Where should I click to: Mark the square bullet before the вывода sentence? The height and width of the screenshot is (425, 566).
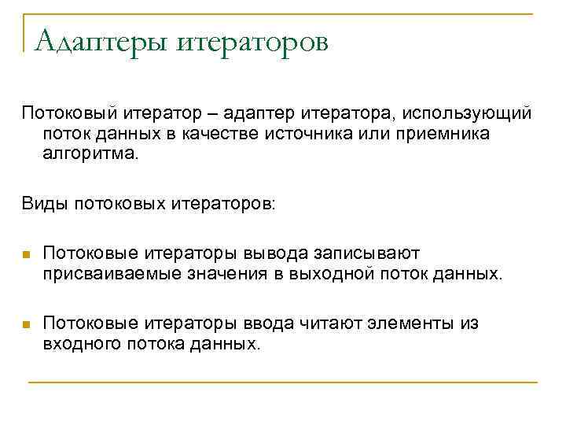(26, 255)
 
